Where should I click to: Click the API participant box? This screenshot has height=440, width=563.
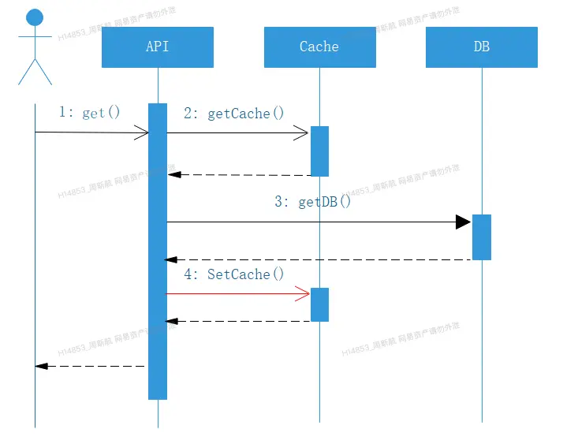158,47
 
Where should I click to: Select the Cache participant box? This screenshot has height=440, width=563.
319,47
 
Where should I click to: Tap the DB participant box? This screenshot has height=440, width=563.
482,47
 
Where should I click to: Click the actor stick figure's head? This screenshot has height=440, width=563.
35,17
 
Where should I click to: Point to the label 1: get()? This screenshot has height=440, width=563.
90,113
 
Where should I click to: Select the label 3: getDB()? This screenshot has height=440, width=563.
312,202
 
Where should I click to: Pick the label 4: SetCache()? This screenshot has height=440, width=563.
233,274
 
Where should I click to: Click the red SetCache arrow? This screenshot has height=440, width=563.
237,294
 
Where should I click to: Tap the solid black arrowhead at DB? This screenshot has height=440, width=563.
464,222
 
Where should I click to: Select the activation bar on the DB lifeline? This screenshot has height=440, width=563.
482,237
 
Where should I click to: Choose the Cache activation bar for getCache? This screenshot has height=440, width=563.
319,151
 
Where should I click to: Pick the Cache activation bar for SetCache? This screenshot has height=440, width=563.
319,304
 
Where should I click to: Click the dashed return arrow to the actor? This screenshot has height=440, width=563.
91,366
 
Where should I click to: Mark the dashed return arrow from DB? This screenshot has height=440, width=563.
315,259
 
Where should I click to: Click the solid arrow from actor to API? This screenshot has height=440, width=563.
91,132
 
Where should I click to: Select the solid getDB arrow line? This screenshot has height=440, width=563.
315,222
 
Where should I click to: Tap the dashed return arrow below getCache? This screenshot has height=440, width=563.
237,174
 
